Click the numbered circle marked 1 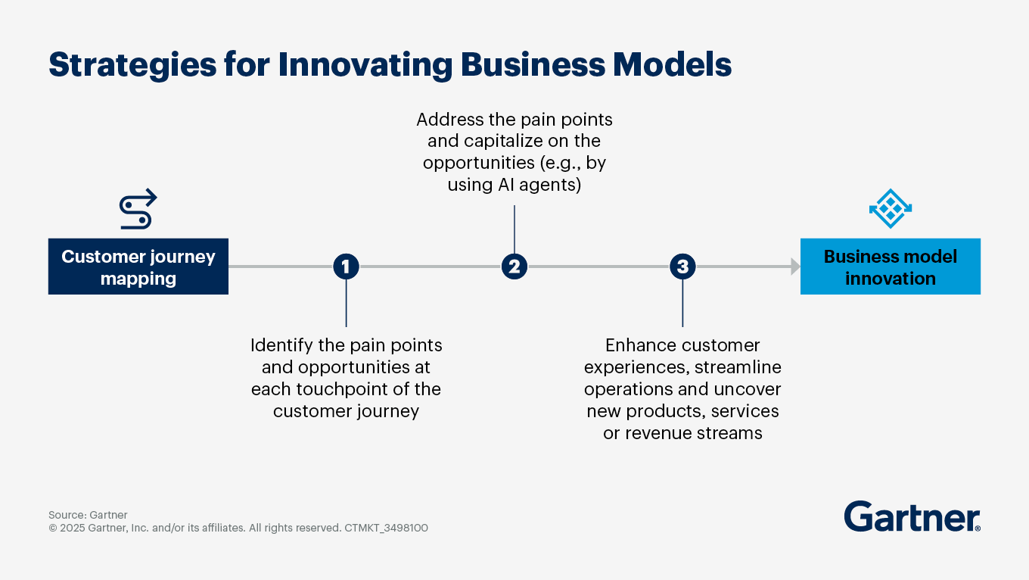click(x=346, y=267)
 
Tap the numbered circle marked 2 click(x=514, y=267)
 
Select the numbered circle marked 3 click(x=682, y=267)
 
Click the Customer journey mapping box click(x=138, y=267)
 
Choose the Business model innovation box click(x=890, y=267)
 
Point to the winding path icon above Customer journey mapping click(x=138, y=210)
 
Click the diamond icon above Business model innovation click(x=890, y=208)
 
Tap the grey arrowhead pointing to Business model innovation click(x=795, y=267)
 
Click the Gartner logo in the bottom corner click(x=912, y=516)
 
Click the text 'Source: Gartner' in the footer click(x=88, y=515)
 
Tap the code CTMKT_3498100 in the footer click(x=386, y=528)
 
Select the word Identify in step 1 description click(x=280, y=345)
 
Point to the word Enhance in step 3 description click(x=640, y=345)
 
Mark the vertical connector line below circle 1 click(x=346, y=303)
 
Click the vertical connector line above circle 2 click(x=514, y=229)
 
